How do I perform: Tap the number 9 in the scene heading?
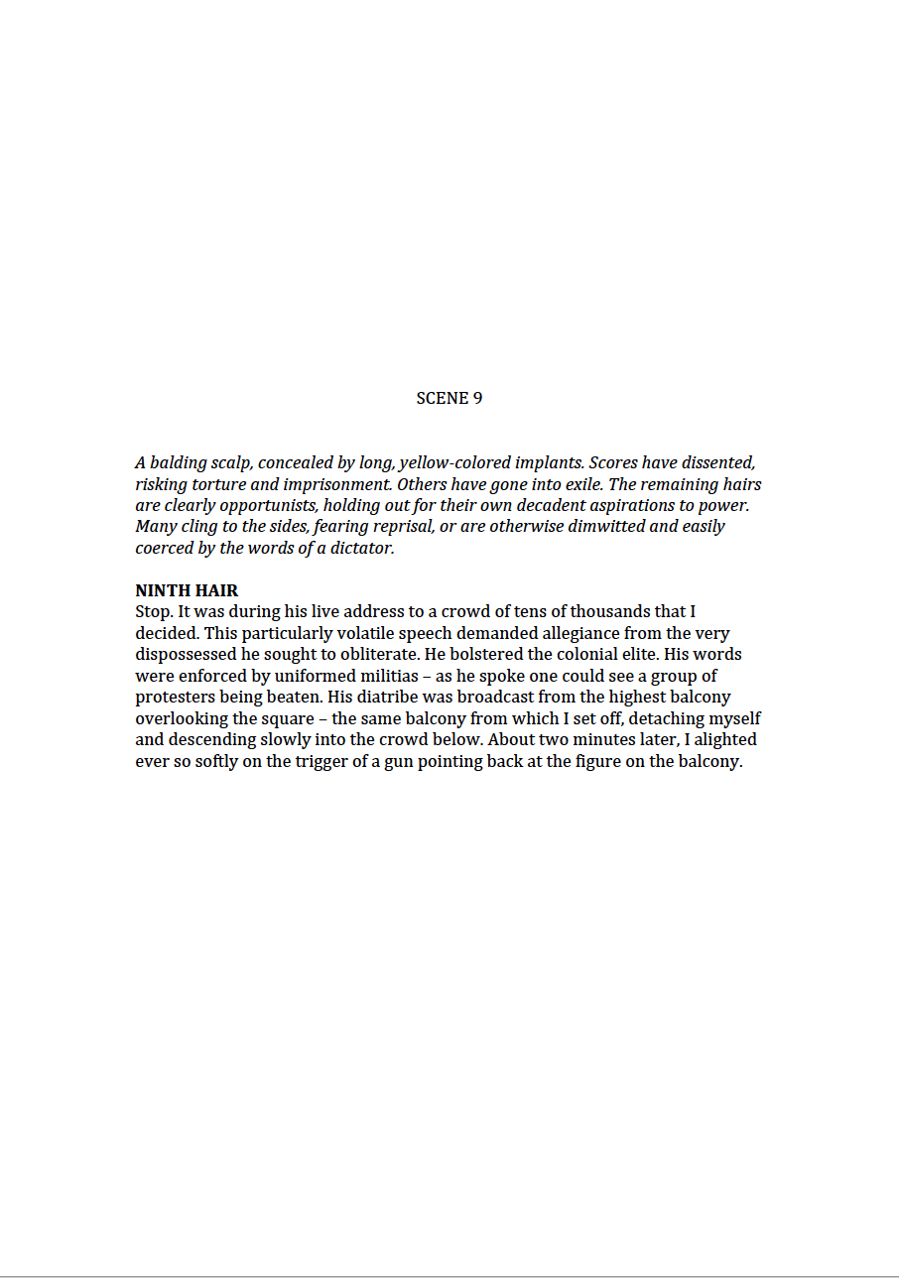[477, 398]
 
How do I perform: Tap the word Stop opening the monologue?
[153, 612]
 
